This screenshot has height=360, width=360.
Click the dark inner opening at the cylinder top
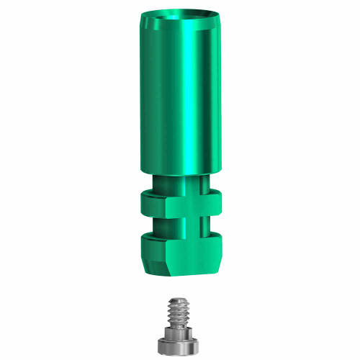point(180,15)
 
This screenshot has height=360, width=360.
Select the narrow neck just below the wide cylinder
point(180,184)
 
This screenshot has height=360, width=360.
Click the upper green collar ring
point(180,206)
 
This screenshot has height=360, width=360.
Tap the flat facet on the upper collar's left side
point(153,206)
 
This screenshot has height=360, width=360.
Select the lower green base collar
point(180,248)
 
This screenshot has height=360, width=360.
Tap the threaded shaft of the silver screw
point(179,312)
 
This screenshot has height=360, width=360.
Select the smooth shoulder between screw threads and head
point(179,328)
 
